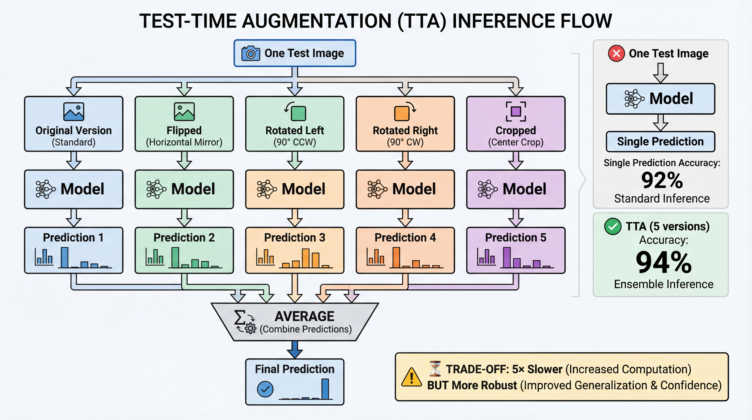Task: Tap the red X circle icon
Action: pyautogui.click(x=616, y=53)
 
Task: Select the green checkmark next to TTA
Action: pyautogui.click(x=613, y=226)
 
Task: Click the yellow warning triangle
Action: pyautogui.click(x=411, y=377)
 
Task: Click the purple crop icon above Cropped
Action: pyautogui.click(x=516, y=111)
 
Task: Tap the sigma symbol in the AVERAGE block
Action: pyautogui.click(x=239, y=317)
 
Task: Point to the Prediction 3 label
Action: pyautogui.click(x=295, y=237)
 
